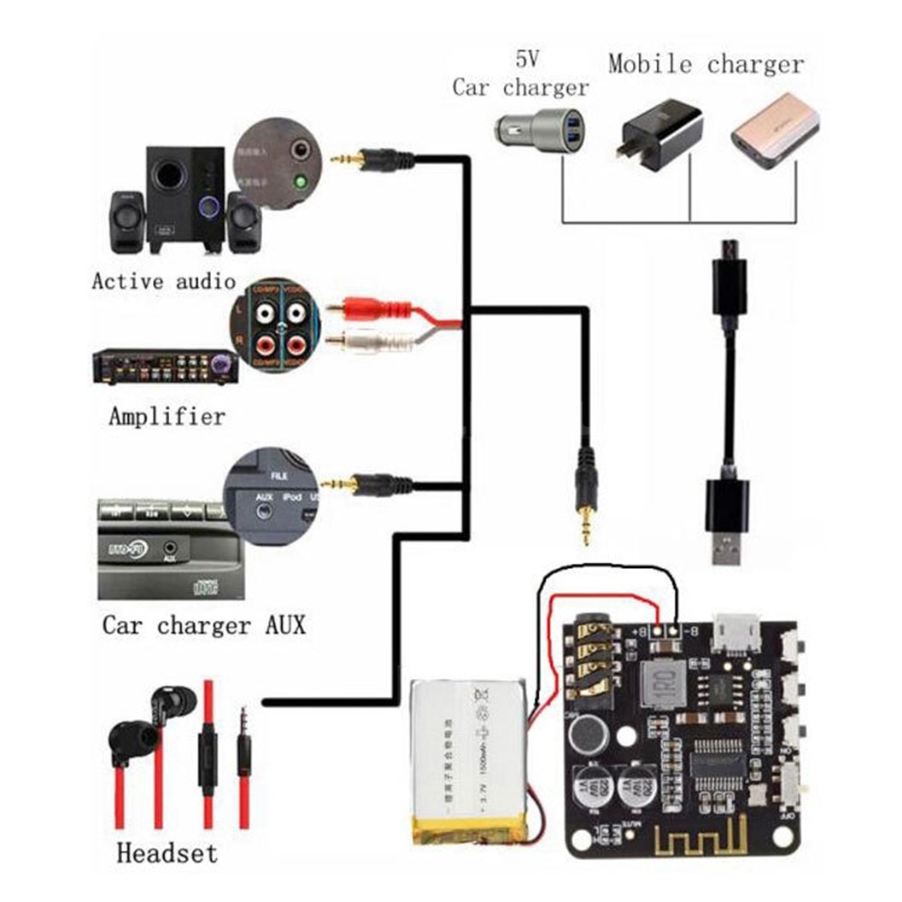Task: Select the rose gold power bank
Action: (774, 133)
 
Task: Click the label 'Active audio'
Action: (163, 280)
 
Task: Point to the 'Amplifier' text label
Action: (167, 417)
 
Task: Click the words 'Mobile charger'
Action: (706, 64)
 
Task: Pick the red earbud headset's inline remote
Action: (208, 752)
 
